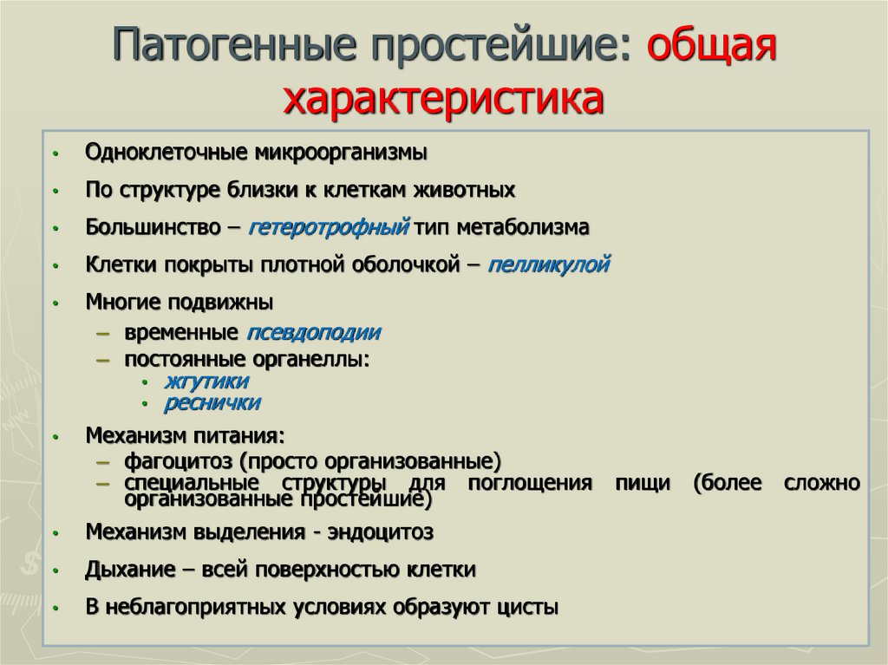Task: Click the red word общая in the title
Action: [711, 44]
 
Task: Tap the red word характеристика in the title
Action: [443, 99]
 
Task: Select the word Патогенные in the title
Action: [235, 44]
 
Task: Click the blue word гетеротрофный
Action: [329, 228]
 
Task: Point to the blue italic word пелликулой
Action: [548, 265]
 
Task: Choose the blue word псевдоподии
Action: [313, 333]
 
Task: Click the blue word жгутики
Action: [206, 381]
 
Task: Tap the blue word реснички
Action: [212, 403]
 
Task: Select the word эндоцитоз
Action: [381, 532]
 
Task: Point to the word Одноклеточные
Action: [166, 153]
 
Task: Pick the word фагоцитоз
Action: [179, 461]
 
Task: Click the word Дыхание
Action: [130, 570]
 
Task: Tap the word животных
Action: [465, 190]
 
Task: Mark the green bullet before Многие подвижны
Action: [55, 303]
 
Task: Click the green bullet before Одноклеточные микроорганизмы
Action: [55, 153]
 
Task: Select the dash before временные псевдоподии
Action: [103, 333]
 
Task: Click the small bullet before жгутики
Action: [145, 383]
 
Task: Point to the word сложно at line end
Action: [822, 483]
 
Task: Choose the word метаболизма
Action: [523, 228]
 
